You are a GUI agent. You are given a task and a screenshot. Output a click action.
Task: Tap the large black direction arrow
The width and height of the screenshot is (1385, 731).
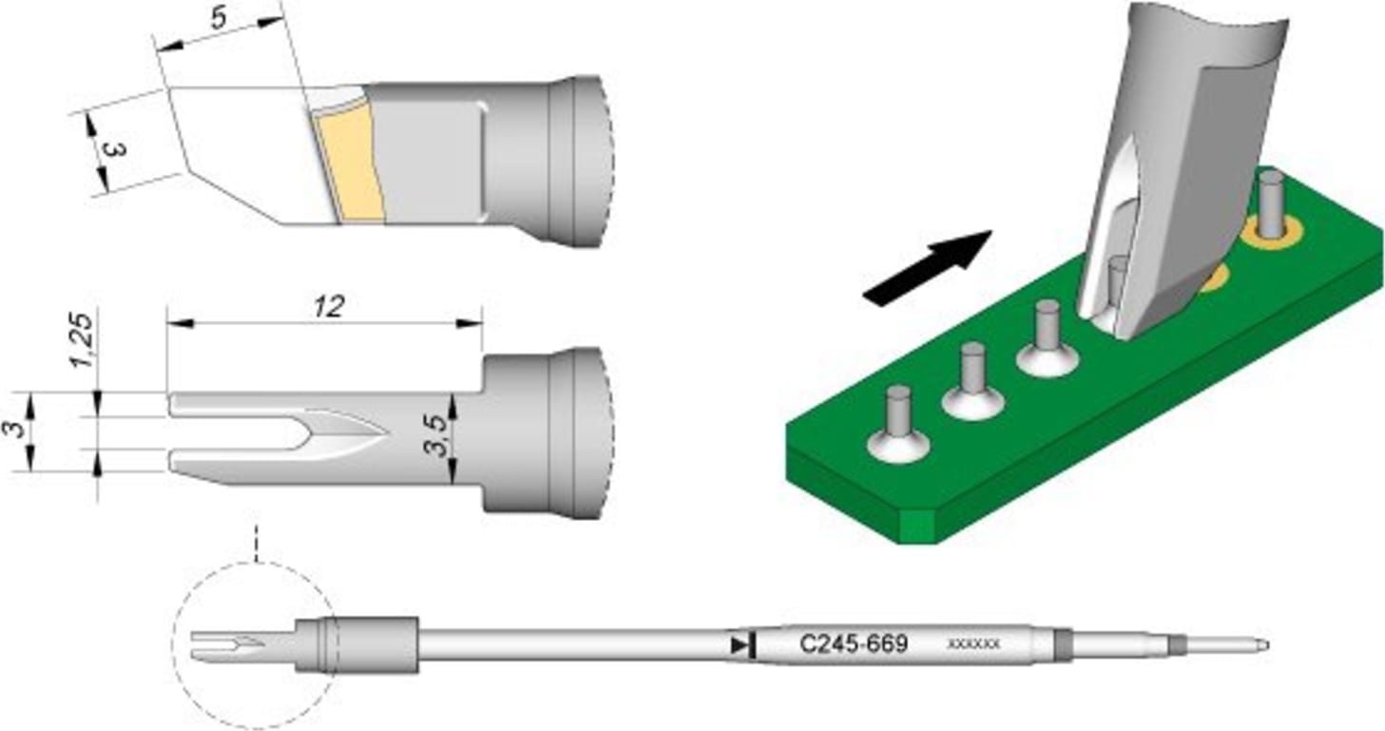click(x=927, y=268)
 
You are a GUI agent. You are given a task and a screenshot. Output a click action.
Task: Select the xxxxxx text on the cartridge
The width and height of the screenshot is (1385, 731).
click(x=974, y=644)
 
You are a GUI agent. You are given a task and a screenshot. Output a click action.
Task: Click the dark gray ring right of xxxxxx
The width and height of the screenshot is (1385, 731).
click(x=1063, y=645)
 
